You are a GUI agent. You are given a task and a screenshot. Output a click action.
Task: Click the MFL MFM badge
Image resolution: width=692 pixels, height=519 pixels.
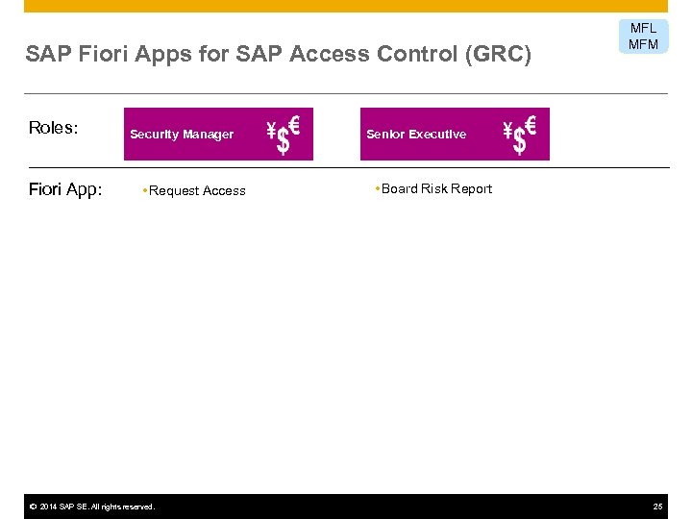(x=643, y=37)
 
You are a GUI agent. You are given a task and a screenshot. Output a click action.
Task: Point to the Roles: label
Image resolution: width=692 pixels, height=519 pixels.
(x=54, y=129)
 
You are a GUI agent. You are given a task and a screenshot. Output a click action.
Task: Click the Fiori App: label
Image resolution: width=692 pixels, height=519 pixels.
(x=65, y=189)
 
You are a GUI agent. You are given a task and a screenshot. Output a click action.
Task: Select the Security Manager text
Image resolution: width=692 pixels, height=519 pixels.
(x=182, y=135)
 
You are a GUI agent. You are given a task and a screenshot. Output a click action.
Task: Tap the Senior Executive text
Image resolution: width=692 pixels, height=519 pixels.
(x=416, y=135)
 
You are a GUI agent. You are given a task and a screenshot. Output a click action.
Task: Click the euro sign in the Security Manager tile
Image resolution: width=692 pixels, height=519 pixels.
(x=294, y=123)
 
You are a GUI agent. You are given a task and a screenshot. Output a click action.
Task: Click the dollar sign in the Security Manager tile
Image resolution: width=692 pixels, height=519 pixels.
(x=283, y=142)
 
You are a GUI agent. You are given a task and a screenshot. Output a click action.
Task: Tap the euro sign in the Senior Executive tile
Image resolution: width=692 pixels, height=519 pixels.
(x=531, y=123)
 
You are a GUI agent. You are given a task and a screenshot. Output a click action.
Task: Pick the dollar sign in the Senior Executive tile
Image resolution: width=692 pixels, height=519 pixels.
(x=519, y=142)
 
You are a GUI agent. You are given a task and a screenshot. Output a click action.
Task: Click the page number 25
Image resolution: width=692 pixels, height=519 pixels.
(x=657, y=507)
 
